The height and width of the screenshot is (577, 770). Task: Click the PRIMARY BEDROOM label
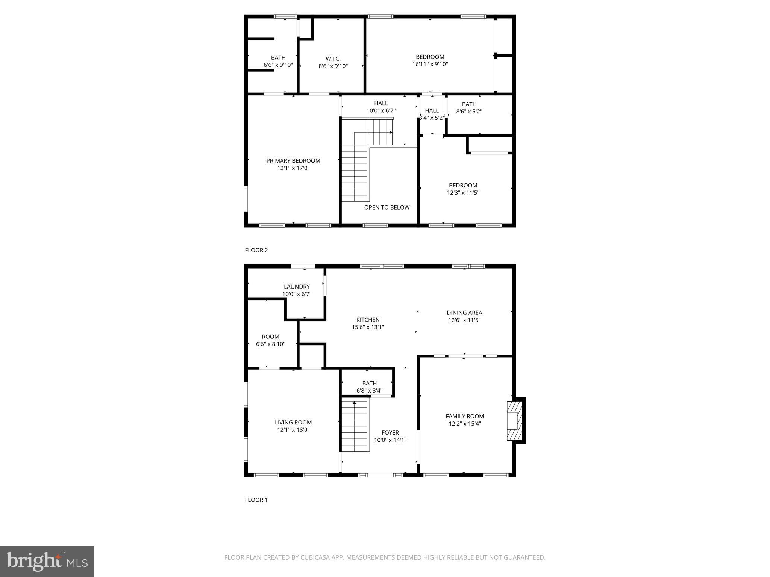pos(293,161)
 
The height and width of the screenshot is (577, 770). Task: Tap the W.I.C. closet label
pos(333,59)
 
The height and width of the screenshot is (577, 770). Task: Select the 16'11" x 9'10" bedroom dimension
pos(430,64)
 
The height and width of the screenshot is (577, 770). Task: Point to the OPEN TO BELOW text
pos(387,207)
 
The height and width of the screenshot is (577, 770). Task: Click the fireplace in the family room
pos(514,421)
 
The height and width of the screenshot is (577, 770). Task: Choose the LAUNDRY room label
pos(297,287)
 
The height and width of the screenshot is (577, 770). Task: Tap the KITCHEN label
pos(368,320)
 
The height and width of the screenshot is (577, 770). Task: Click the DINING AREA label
pos(464,313)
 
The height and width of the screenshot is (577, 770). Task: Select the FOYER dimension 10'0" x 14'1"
pos(390,440)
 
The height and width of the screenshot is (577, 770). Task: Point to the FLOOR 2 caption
pos(256,250)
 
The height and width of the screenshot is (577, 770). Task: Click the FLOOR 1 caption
pos(256,500)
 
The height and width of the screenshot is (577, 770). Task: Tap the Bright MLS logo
pos(47,561)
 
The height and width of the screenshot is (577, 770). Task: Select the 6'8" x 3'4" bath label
pos(369,387)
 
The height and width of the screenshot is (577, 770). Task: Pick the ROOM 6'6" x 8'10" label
pos(270,340)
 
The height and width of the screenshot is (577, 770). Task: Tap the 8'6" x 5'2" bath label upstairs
pos(469,108)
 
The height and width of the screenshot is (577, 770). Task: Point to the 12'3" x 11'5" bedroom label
pos(463,189)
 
